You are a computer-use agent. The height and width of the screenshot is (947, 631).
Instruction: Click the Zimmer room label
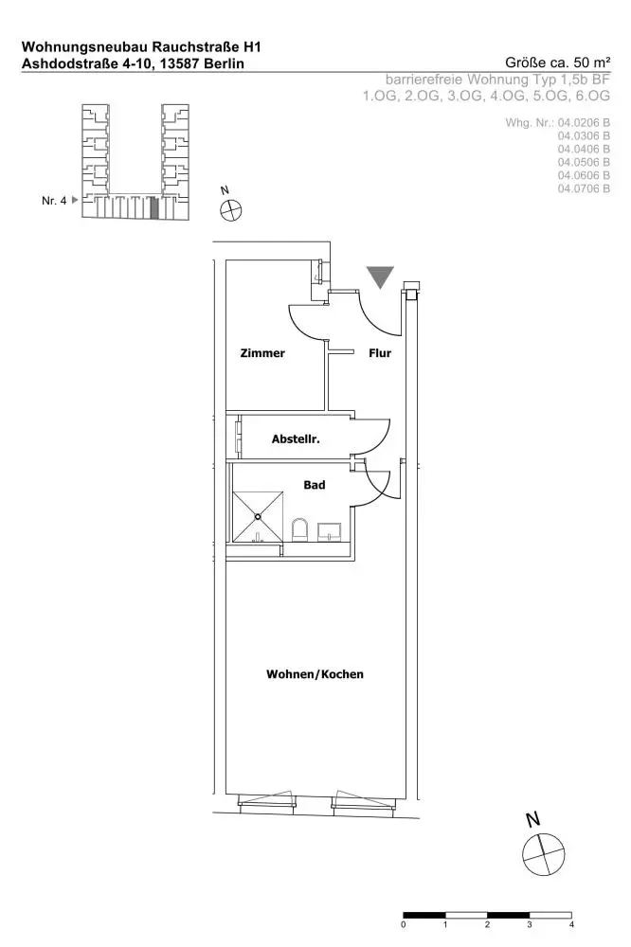[262, 352]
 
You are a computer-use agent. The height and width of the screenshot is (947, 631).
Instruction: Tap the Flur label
[380, 352]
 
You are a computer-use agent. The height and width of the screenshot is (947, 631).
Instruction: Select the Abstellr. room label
[296, 439]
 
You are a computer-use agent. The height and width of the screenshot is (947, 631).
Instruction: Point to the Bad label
[315, 484]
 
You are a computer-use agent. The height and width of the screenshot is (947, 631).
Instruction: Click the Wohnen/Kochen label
[315, 674]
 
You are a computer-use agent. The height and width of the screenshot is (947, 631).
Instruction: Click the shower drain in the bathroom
[258, 516]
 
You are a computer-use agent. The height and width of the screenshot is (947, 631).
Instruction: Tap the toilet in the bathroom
[299, 529]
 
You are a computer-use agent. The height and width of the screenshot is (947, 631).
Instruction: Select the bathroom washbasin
[330, 531]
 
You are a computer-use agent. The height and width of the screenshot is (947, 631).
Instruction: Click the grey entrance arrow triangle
[380, 277]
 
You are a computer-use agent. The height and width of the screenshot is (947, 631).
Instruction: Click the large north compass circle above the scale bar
[544, 854]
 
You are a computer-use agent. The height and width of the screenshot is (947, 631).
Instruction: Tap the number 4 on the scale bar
[571, 924]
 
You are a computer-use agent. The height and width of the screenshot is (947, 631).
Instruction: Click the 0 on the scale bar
[404, 924]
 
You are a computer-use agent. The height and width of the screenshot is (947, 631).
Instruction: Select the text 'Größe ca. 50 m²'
[557, 63]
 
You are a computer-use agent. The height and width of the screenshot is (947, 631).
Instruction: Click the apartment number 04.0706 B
[584, 188]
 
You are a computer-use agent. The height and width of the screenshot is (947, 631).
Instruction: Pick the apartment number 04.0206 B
[584, 122]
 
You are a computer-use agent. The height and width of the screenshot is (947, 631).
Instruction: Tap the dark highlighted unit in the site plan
[154, 207]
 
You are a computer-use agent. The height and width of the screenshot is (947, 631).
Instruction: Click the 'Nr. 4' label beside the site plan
[54, 201]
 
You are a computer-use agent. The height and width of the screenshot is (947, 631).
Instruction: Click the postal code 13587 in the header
[179, 63]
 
